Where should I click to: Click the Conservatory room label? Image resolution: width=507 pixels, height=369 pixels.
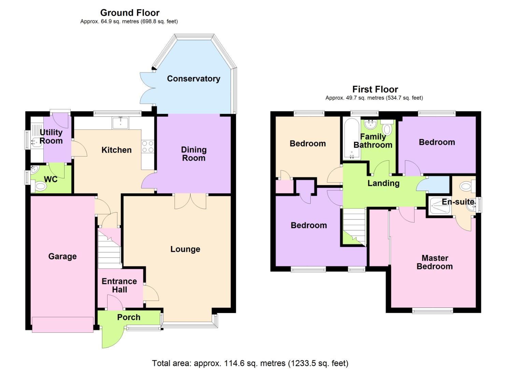(193, 79)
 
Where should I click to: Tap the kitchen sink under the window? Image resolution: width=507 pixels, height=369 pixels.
(121, 123)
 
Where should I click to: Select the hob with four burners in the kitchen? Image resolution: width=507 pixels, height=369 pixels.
(147, 147)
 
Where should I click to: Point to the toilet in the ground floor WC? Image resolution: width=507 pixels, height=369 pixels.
(41, 187)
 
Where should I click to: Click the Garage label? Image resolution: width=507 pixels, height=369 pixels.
(62, 256)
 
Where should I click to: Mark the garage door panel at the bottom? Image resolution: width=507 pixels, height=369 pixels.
(62, 324)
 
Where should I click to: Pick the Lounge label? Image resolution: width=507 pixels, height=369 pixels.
(185, 249)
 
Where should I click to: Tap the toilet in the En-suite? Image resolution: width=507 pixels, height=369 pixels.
(466, 187)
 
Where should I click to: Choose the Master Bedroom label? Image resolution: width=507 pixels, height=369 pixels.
(435, 262)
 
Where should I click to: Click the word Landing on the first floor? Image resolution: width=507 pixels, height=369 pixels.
(383, 183)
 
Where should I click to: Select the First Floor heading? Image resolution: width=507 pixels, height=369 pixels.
(375, 89)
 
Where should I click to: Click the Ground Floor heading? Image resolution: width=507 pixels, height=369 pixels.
(130, 13)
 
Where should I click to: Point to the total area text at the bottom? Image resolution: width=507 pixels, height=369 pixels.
(250, 363)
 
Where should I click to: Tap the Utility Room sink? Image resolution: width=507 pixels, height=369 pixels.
(37, 141)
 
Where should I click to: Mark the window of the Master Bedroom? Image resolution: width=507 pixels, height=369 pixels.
(432, 311)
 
